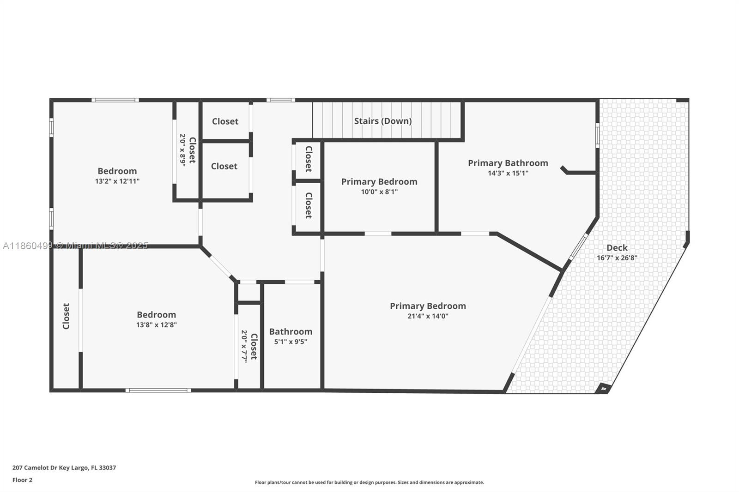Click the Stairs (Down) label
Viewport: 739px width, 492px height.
coord(383,121)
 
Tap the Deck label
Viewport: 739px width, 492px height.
coord(617,247)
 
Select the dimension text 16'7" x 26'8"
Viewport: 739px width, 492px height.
coord(617,258)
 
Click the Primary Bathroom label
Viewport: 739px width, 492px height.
coord(508,163)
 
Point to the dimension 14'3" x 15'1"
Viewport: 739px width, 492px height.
coord(508,173)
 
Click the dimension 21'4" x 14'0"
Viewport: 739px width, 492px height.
coord(428,316)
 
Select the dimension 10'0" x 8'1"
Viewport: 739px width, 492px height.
coord(379,192)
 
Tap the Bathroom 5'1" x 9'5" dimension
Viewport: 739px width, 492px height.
coord(291,342)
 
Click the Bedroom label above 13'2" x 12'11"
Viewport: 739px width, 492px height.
coord(117,171)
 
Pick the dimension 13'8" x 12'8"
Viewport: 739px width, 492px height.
coord(157,325)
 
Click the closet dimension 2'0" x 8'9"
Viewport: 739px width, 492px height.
coord(182,150)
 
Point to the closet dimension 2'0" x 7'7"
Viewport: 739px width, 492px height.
coord(244,347)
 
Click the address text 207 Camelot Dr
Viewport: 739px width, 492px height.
coord(35,468)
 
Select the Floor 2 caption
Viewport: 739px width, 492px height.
coord(23,480)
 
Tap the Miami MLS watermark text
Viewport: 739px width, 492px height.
coord(75,246)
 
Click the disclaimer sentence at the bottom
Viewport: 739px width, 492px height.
coord(369,482)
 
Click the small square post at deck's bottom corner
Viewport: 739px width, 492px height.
coord(603,389)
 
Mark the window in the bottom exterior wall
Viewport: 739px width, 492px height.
coord(158,390)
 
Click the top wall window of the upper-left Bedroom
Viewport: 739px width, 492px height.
coord(115,100)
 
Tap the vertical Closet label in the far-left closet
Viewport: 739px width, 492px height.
coord(66,316)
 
